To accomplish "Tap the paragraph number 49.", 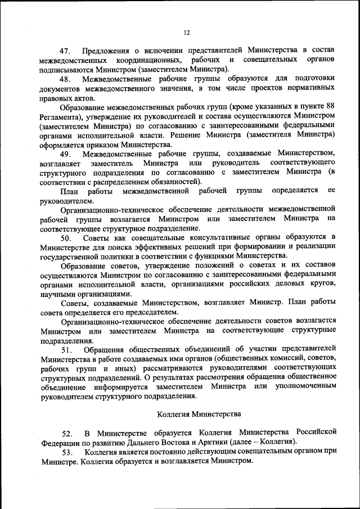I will pyautogui.click(x=68, y=154).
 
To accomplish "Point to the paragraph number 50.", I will pyautogui.click(x=68, y=238).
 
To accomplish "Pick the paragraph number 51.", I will pyautogui.click(x=68, y=350).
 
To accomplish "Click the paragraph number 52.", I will pyautogui.click(x=68, y=433).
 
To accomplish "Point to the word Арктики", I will pyautogui.click(x=227, y=442).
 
